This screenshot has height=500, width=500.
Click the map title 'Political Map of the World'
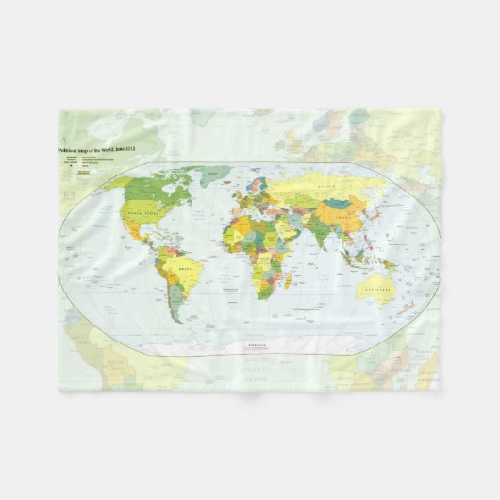point(97,149)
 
